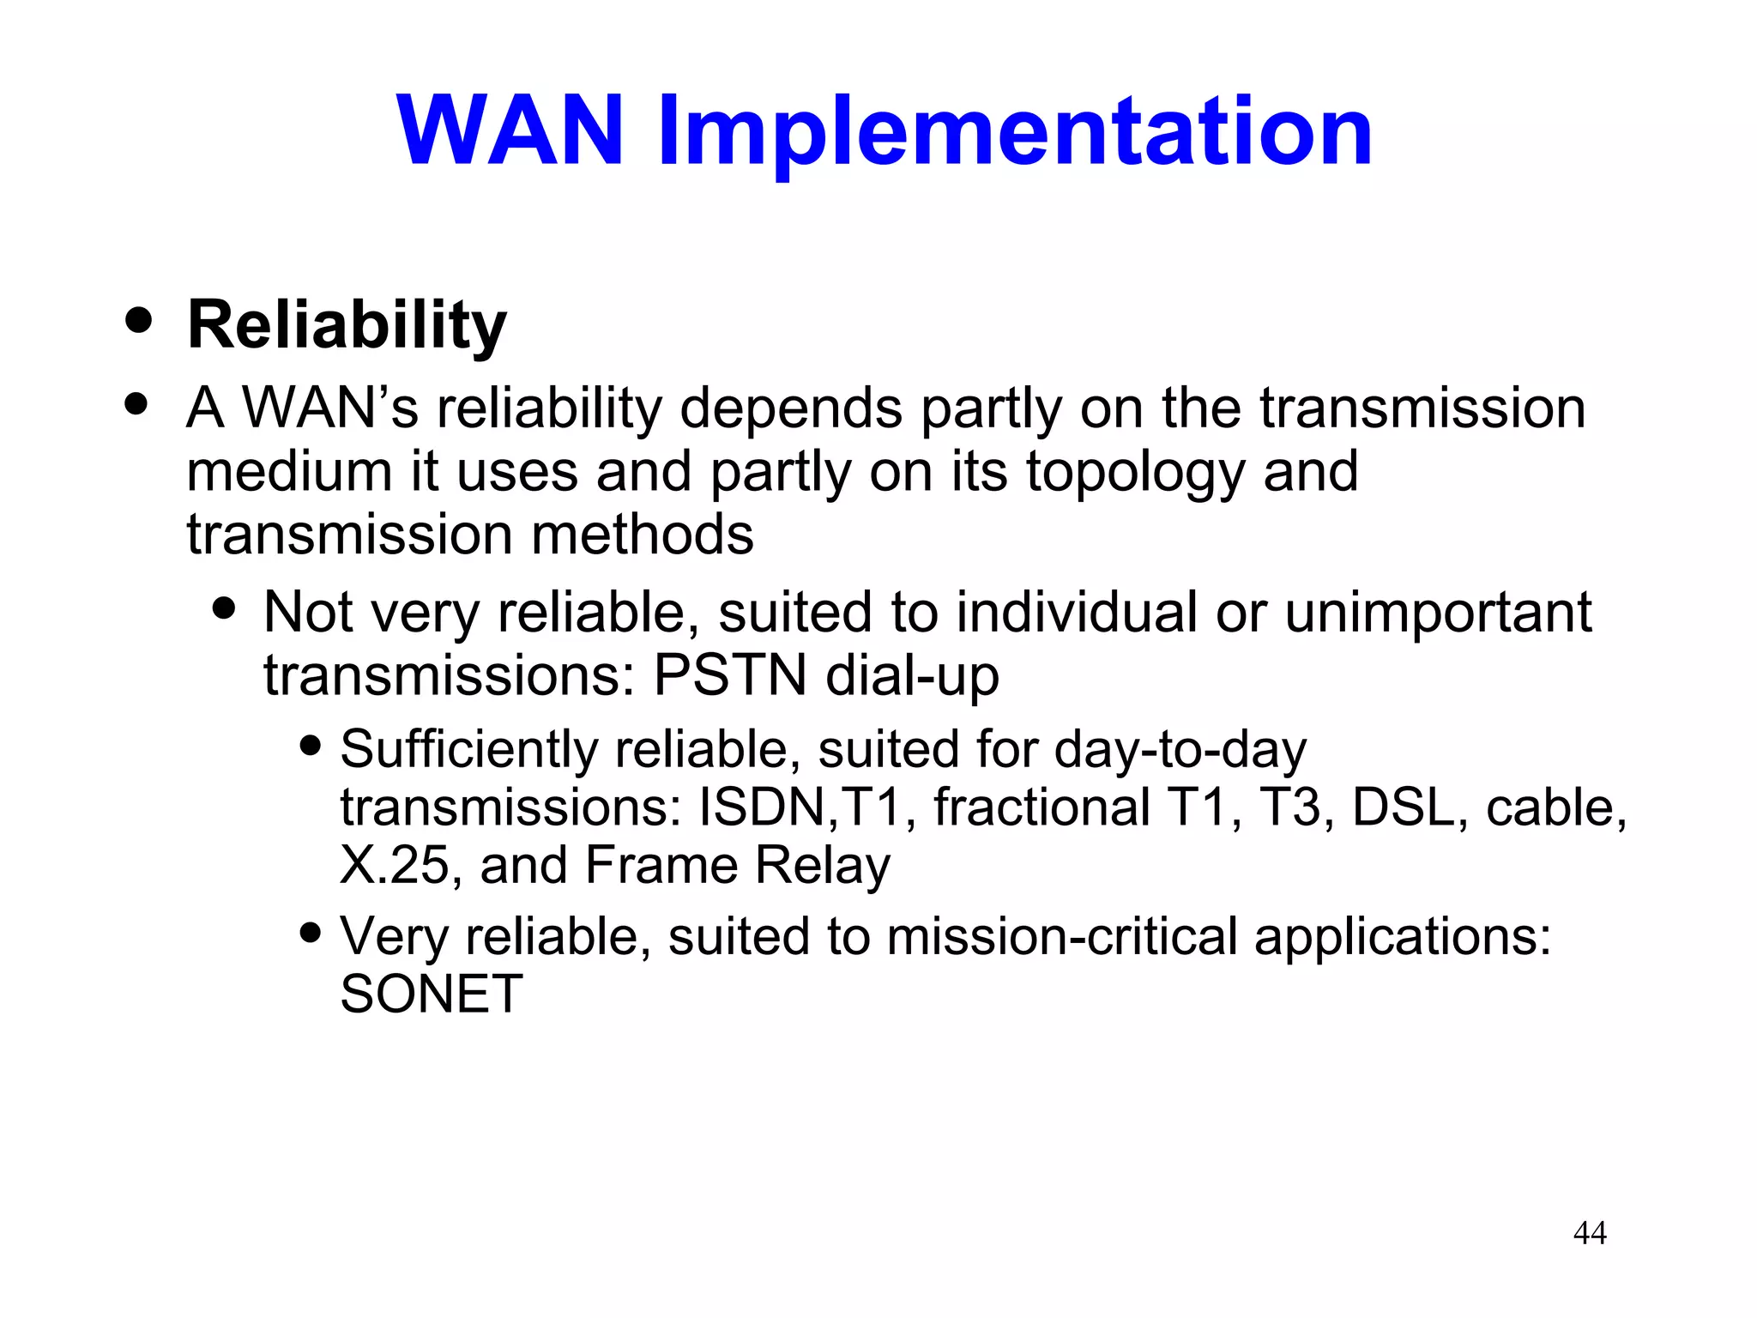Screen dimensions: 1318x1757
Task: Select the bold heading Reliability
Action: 347,326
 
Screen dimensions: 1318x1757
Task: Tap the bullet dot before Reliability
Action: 137,320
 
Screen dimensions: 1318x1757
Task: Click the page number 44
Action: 1590,1233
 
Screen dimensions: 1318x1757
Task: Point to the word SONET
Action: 431,995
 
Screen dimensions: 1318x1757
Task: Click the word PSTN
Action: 729,675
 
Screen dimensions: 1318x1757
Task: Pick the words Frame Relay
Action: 737,865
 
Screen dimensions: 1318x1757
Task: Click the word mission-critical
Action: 1062,936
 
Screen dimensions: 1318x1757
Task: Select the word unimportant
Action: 1438,613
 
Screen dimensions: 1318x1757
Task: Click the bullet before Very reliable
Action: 311,931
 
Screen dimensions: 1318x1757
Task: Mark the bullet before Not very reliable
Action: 225,608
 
